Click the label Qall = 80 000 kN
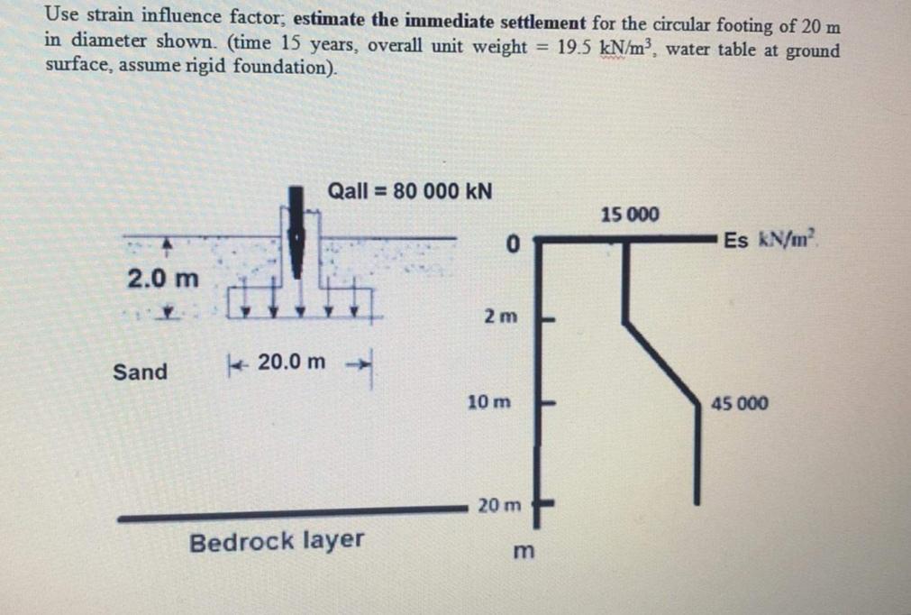[x=410, y=191]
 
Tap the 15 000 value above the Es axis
[x=630, y=216]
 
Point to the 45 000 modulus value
[x=740, y=403]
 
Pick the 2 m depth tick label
[x=501, y=317]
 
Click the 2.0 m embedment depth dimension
[x=162, y=278]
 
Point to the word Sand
[x=141, y=372]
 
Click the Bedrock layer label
[x=277, y=541]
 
